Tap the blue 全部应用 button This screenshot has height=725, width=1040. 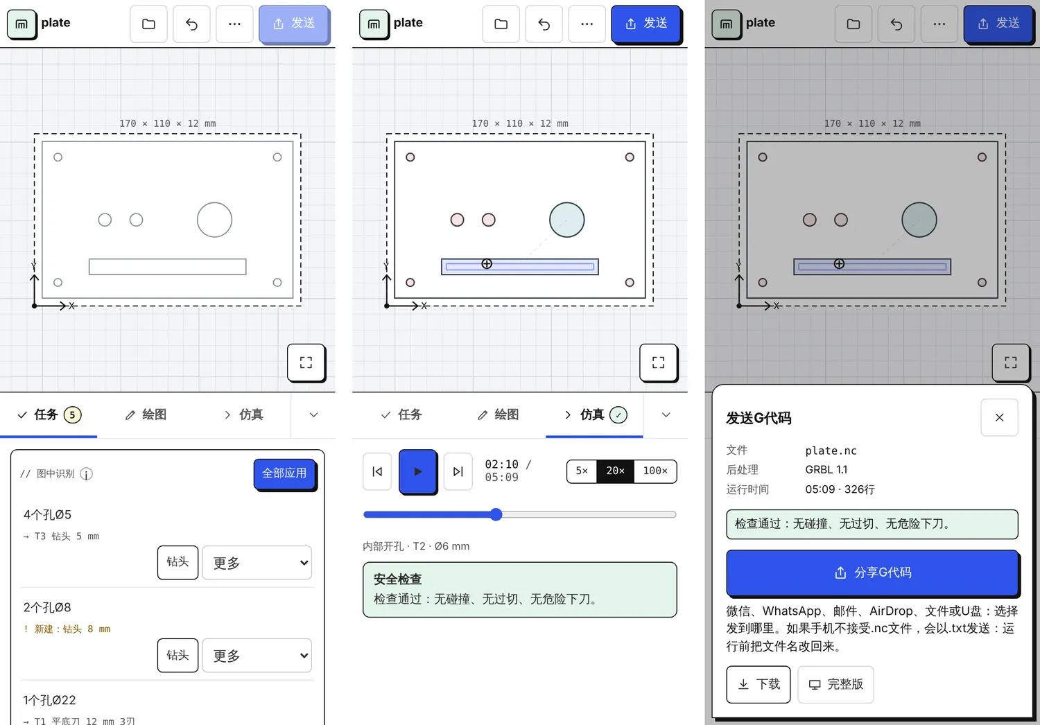point(284,473)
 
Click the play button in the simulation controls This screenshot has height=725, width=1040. point(417,471)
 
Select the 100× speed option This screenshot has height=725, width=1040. point(655,471)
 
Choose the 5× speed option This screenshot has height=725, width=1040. point(582,471)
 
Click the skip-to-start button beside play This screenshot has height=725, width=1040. point(377,471)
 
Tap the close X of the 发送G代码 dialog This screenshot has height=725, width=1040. point(999,417)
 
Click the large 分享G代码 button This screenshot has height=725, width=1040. point(872,573)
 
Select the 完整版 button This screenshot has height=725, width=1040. point(835,684)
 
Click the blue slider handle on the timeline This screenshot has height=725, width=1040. point(496,514)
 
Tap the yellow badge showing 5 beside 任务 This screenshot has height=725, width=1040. point(72,414)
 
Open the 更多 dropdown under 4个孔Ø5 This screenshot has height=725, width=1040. point(257,563)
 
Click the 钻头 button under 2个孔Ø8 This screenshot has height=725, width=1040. point(177,656)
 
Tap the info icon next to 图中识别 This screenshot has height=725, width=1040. point(87,474)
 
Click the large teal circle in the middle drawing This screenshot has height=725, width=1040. point(567,220)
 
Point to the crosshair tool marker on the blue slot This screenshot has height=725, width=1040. point(487,263)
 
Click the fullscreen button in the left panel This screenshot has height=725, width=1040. point(306,362)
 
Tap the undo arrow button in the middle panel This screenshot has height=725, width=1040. point(544,24)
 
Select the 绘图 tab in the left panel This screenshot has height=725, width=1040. point(146,414)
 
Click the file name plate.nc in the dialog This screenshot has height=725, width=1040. point(831,451)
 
